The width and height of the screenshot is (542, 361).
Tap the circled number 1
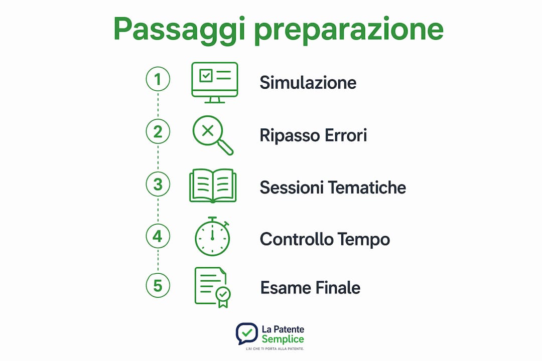(x=158, y=79)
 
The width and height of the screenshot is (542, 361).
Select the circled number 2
(x=158, y=132)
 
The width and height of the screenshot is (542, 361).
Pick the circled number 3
(x=158, y=184)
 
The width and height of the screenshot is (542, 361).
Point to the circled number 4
(x=158, y=236)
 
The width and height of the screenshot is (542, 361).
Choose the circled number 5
(x=158, y=286)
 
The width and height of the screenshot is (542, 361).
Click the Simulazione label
(x=308, y=83)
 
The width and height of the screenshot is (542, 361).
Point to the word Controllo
(x=296, y=239)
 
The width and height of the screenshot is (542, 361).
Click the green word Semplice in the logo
(x=283, y=339)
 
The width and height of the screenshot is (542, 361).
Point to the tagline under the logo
(x=275, y=349)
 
